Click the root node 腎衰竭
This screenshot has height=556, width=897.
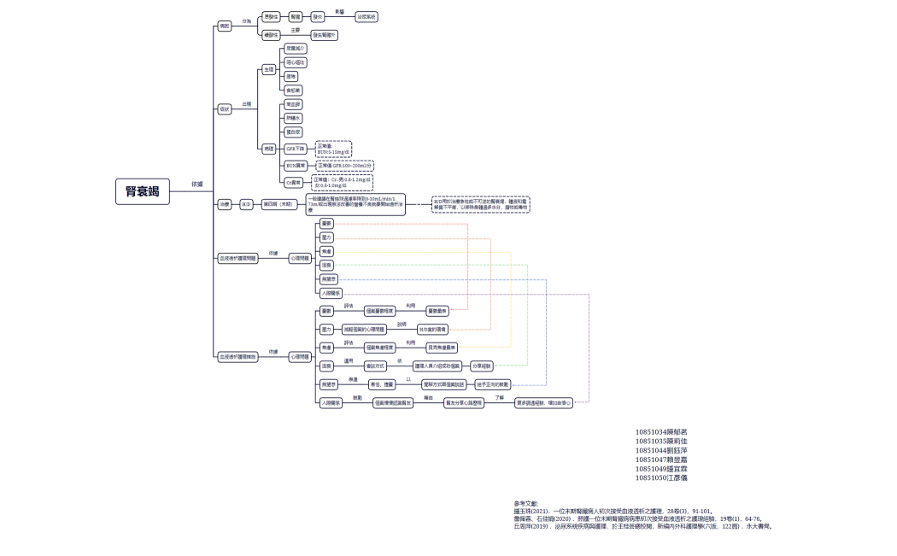[x=143, y=192]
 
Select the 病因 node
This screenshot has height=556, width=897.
[x=225, y=26]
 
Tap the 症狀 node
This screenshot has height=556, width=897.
[x=225, y=108]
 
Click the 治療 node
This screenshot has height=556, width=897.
[x=225, y=204]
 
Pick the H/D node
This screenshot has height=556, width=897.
[x=245, y=204]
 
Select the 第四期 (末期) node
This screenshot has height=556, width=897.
[x=278, y=204]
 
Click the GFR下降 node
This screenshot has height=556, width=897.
[x=296, y=148]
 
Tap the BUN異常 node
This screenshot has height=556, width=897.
[x=296, y=165]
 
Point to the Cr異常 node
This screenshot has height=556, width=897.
[x=295, y=182]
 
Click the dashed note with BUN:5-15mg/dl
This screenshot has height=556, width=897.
[x=333, y=149]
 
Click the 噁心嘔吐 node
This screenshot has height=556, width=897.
[x=295, y=62]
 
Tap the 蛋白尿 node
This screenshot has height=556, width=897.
[x=293, y=132]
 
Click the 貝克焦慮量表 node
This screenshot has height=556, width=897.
[x=442, y=348]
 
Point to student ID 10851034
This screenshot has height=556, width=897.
[x=662, y=432]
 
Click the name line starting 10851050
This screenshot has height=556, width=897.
[x=662, y=478]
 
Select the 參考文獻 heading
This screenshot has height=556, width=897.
[x=525, y=503]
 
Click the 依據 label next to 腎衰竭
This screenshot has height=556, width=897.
[x=196, y=184]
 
